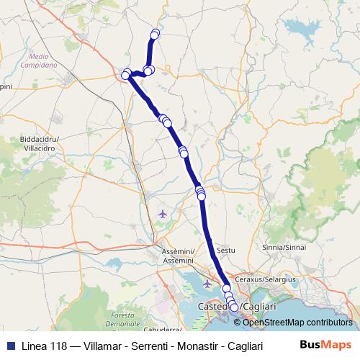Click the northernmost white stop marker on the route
coord(155,32)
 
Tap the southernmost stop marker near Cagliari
coord(234,308)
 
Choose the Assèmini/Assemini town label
coord(177,256)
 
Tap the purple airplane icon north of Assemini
coord(163,214)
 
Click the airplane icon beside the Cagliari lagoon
coord(208,284)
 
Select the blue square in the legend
coord(10,344)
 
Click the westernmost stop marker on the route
coord(125,75)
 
